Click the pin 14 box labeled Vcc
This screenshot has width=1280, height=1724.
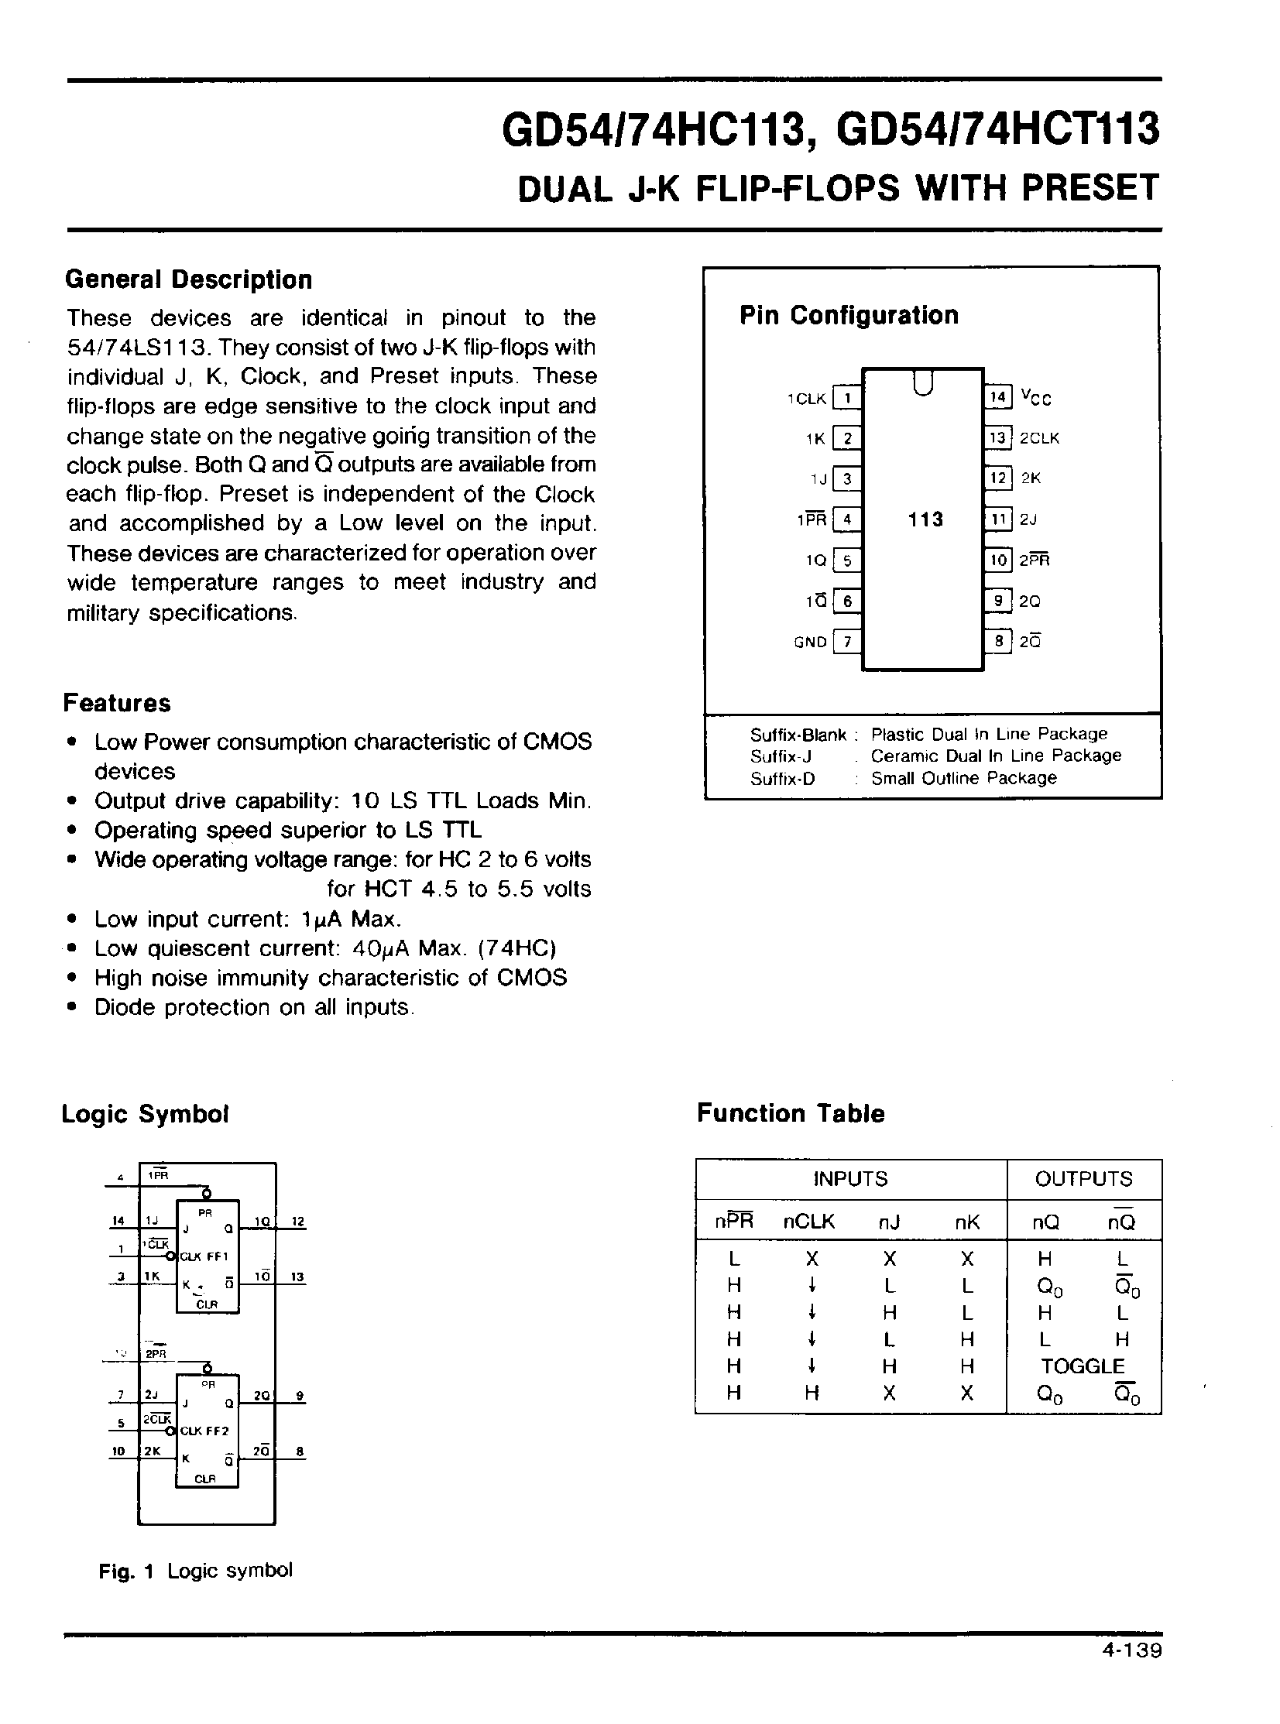(x=998, y=398)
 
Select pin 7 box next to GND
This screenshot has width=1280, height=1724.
(x=847, y=641)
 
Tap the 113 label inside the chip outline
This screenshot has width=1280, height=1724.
(x=925, y=519)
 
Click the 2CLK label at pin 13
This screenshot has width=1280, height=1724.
(x=1039, y=438)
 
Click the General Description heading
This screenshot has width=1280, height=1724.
(x=188, y=279)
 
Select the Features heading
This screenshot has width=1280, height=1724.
(x=117, y=703)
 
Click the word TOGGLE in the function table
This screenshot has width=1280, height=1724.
(x=1083, y=1366)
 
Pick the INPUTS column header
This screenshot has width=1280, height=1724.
(x=850, y=1179)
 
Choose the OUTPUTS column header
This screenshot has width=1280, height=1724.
(x=1083, y=1179)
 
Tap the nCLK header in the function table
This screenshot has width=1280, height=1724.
(x=809, y=1222)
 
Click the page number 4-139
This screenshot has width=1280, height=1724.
(x=1131, y=1650)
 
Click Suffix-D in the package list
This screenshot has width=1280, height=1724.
(x=782, y=779)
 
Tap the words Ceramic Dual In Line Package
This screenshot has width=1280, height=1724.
(x=996, y=756)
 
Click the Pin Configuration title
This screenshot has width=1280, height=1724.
(x=849, y=315)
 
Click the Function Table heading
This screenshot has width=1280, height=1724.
(x=791, y=1114)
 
